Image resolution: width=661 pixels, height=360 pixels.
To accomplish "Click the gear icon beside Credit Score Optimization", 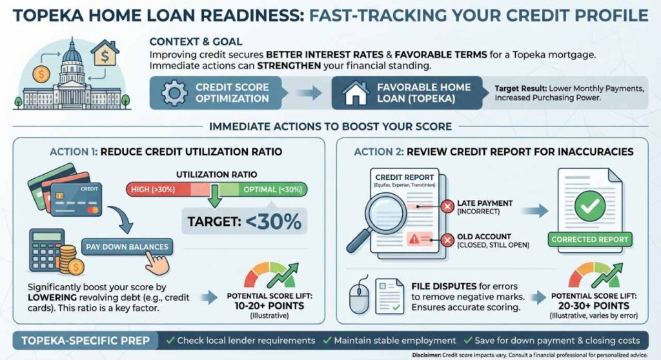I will pos(173,94).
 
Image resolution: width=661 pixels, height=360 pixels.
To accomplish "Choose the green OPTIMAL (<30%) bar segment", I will pos(265,190).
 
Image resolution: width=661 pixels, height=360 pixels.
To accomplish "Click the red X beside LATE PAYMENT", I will pos(445,207).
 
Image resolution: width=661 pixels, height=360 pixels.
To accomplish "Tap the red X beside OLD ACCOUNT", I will pos(445,241).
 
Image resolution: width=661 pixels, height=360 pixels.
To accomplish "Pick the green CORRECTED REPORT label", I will pos(589,239).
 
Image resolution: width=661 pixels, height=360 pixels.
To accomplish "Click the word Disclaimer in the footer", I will pos(429,354).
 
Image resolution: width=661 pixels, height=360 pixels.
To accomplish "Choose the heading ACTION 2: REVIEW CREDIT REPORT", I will pos(493,152).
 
